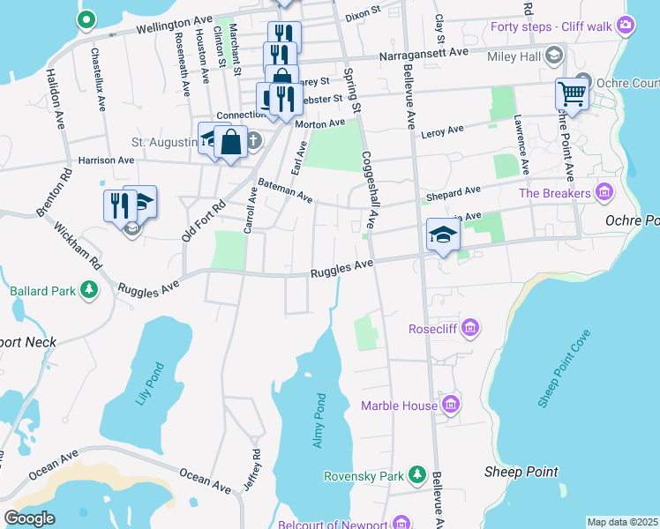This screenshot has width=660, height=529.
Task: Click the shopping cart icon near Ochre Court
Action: tap(572, 93)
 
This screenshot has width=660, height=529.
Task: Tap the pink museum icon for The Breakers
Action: tap(604, 192)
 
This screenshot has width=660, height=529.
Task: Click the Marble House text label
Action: tap(399, 406)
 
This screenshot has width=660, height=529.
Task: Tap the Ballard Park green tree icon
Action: tap(88, 289)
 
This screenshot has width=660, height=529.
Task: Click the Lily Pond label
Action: tap(147, 384)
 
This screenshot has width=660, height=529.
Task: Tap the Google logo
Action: tap(29, 518)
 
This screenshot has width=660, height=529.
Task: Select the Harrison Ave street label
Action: tap(106, 160)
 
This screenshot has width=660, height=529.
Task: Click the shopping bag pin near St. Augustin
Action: tap(230, 143)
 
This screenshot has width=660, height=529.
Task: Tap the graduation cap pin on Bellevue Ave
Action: tap(443, 235)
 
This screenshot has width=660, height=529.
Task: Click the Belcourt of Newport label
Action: tap(343, 525)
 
